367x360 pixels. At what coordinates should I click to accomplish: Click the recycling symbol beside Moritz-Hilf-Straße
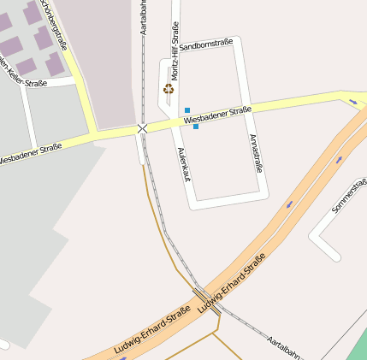(169, 88)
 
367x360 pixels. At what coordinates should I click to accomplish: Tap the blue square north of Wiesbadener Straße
(187, 110)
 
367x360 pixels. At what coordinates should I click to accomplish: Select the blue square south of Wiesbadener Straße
(196, 127)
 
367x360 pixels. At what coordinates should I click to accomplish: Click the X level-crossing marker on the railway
(142, 128)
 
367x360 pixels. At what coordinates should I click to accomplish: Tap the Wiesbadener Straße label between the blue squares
(217, 116)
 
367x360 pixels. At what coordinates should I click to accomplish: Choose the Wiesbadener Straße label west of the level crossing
(31, 154)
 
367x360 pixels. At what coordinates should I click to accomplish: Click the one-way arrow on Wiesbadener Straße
(353, 103)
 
